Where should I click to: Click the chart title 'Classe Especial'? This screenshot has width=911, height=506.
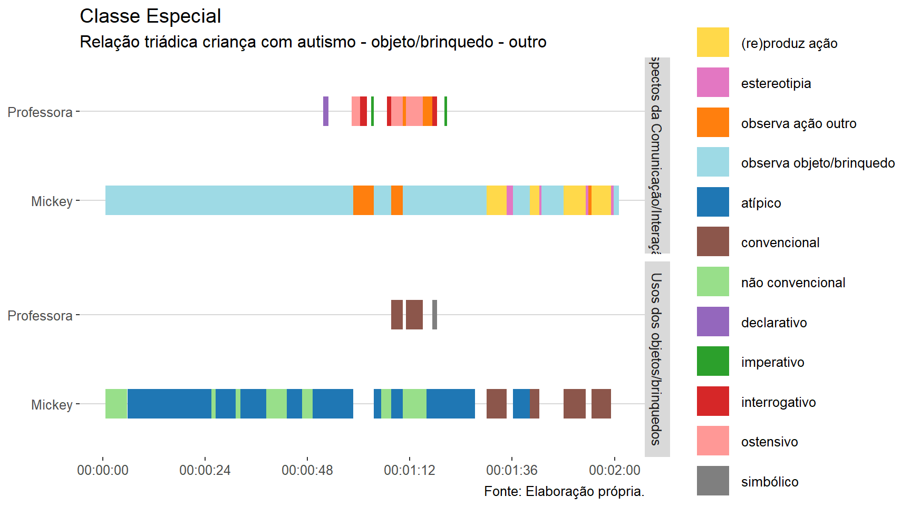(x=150, y=16)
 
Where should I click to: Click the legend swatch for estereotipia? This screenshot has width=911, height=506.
(x=713, y=82)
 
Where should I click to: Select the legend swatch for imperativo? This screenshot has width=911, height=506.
(x=713, y=361)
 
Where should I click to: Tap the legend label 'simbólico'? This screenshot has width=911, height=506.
(x=770, y=482)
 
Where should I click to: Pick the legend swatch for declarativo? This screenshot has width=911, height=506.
(x=713, y=322)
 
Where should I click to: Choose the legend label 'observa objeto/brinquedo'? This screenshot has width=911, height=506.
(x=818, y=163)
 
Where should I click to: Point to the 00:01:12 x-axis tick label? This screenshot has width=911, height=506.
(x=410, y=470)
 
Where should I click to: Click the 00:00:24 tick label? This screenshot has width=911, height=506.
(x=205, y=470)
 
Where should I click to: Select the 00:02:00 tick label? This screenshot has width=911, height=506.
(x=614, y=470)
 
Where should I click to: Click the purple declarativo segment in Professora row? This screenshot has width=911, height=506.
(x=326, y=111)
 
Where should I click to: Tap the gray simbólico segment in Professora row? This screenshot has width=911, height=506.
(x=434, y=315)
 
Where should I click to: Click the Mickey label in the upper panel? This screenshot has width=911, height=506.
(x=52, y=201)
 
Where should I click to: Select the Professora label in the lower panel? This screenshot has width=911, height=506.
(x=40, y=316)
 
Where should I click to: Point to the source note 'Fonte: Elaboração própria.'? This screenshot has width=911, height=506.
(x=564, y=491)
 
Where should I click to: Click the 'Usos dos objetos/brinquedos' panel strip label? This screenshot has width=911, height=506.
(x=657, y=358)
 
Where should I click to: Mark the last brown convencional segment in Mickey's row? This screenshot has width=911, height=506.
(x=601, y=404)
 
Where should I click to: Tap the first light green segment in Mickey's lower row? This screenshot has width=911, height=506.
(x=116, y=404)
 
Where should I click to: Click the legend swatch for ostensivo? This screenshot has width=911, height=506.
(x=713, y=441)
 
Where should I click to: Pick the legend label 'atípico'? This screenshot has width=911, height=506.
(x=761, y=203)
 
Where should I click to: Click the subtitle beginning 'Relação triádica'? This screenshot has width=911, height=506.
(x=313, y=42)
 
